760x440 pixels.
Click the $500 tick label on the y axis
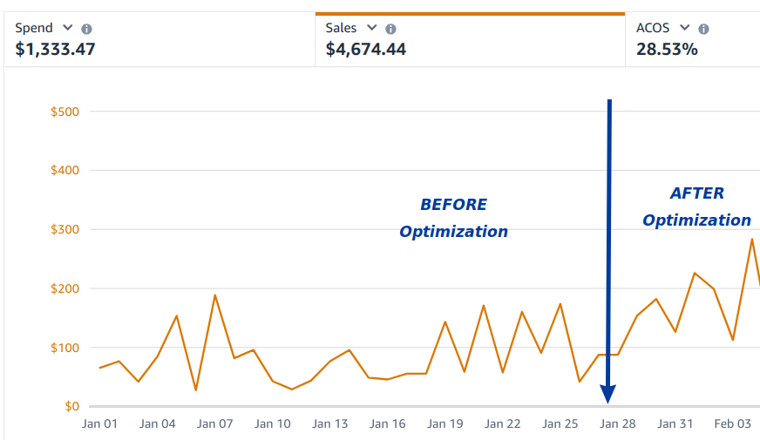point(65,112)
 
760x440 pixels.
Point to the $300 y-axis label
point(65,229)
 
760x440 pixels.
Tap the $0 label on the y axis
point(72,406)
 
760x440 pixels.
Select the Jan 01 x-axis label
point(99,424)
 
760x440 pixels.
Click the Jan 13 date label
point(330,424)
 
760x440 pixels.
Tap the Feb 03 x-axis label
point(732,424)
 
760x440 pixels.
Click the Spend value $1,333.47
point(55,49)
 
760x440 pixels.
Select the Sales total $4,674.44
point(365,49)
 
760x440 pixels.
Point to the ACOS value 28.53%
point(667,49)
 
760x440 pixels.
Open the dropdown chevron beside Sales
point(372,28)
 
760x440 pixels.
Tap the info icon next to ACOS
point(703,29)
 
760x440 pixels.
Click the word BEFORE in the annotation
point(453,205)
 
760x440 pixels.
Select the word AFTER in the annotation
point(696,193)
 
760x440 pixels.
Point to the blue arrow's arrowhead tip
point(608,402)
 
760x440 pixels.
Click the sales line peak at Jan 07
point(214,295)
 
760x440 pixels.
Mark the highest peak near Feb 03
point(751,239)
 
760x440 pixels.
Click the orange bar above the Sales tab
point(470,14)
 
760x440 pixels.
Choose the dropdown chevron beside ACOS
point(684,28)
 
